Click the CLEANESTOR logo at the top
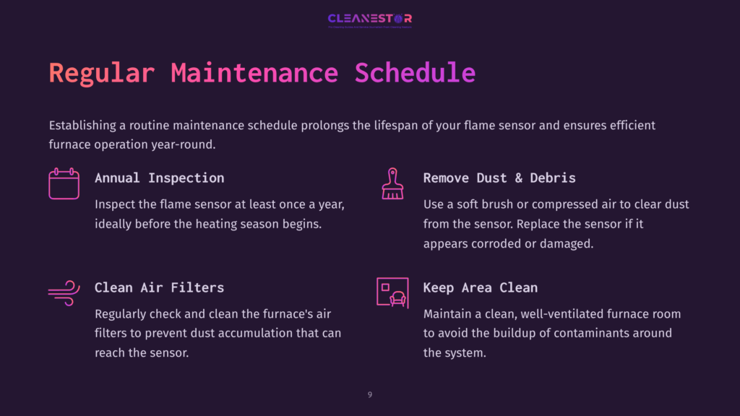[x=369, y=19]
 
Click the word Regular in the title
[x=101, y=73]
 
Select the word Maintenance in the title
[x=254, y=73]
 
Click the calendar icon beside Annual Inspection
[x=64, y=183]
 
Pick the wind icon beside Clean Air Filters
[x=64, y=292]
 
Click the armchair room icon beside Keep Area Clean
[x=392, y=292]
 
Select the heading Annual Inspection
[x=159, y=178]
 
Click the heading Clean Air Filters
[x=159, y=287]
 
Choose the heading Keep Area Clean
[x=480, y=287]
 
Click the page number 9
[x=370, y=395]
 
